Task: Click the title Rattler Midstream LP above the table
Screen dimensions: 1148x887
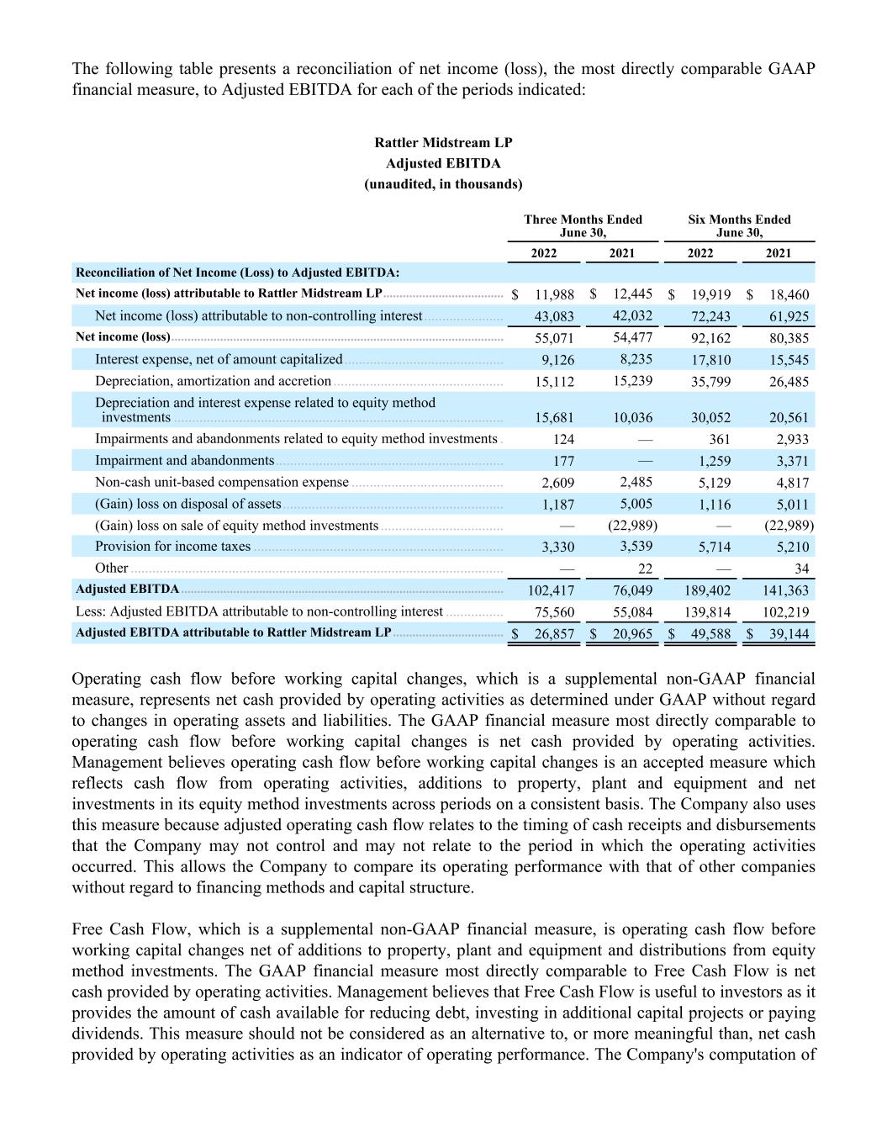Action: click(x=443, y=143)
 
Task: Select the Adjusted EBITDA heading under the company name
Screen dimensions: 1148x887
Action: click(x=443, y=163)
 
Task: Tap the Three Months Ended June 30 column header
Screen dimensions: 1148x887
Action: click(x=583, y=225)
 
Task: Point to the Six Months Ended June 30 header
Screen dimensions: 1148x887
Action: click(x=739, y=225)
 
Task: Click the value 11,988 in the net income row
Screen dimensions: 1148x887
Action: click(x=554, y=294)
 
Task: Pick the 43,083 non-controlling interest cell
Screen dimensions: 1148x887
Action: click(x=554, y=316)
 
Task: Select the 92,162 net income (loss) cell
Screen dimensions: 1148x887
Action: click(x=710, y=338)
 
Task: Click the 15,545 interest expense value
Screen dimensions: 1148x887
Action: click(x=789, y=360)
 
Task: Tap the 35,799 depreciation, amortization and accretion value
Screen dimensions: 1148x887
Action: click(x=710, y=382)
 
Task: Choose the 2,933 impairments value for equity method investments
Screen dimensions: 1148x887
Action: click(x=792, y=439)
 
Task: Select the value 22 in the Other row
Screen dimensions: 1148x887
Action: click(x=645, y=569)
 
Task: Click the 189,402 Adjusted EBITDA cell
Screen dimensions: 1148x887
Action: click(x=707, y=590)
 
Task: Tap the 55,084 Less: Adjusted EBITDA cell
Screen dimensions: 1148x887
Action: click(x=632, y=612)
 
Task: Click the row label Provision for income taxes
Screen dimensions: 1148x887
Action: click(x=172, y=547)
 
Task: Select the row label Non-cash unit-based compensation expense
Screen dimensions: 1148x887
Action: click(x=221, y=483)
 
